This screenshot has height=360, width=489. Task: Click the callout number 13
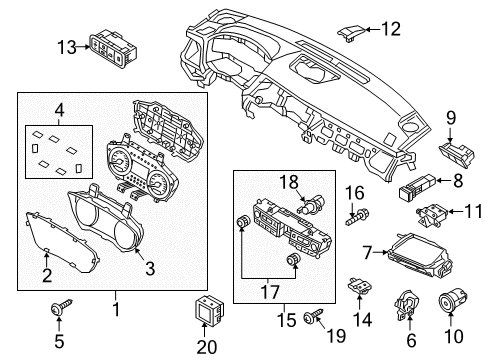66,47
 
